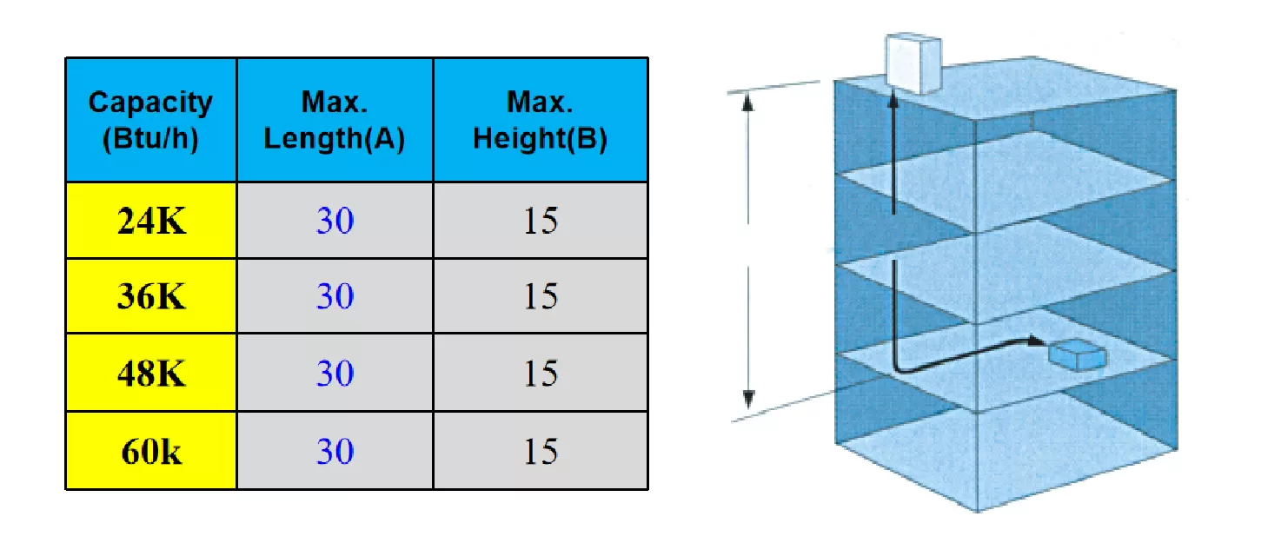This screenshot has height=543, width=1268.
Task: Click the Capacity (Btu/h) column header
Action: tap(151, 120)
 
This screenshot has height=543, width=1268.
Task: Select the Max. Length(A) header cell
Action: tap(335, 120)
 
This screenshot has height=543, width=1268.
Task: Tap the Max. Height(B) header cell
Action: tap(541, 120)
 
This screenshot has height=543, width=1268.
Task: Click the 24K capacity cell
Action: tap(151, 221)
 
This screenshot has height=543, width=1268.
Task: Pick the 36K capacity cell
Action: tap(151, 295)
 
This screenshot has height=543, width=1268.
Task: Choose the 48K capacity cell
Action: tap(151, 373)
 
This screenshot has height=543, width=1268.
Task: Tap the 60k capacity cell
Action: tap(151, 451)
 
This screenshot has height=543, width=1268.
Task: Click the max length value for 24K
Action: tap(335, 221)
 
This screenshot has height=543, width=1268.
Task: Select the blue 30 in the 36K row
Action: tap(335, 295)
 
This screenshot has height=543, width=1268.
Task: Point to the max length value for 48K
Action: tap(335, 374)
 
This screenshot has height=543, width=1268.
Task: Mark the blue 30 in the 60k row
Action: tap(335, 452)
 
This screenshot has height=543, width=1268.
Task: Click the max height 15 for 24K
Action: tap(541, 221)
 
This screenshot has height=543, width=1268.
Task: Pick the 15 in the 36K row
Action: tap(541, 295)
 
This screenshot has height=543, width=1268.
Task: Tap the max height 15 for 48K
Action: tap(541, 374)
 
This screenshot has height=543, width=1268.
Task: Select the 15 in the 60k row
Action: tap(541, 452)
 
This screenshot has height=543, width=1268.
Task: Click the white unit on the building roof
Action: tap(913, 63)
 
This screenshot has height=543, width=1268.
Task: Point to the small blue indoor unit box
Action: tap(1078, 355)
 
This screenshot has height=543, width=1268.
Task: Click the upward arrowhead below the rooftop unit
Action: tap(893, 100)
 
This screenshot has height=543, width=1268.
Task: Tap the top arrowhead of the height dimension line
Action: tap(748, 102)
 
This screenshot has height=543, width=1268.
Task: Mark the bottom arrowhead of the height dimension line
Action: tap(748, 399)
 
